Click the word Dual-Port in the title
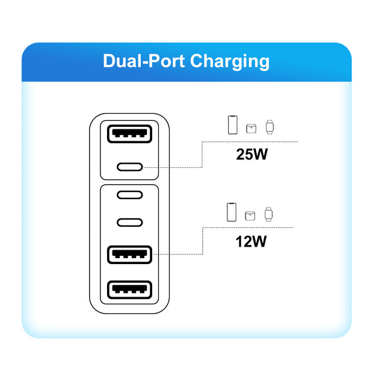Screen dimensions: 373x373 click(144, 61)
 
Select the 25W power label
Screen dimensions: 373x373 click(251, 155)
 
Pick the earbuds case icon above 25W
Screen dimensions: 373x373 click(251, 128)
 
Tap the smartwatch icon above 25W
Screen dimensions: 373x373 click(270, 126)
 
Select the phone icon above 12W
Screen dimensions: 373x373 click(232, 212)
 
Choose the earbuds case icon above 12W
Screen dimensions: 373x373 click(251, 215)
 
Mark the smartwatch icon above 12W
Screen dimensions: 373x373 click(270, 214)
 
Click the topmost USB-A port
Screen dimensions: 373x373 click(129, 134)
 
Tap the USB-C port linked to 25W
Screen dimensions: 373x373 click(129, 167)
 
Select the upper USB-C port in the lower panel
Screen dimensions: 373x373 click(129, 195)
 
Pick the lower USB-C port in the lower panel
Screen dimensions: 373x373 click(129, 222)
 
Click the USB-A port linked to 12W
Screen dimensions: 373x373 click(129, 254)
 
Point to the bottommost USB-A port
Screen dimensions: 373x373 click(129, 290)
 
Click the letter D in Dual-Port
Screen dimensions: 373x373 click(109, 61)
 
